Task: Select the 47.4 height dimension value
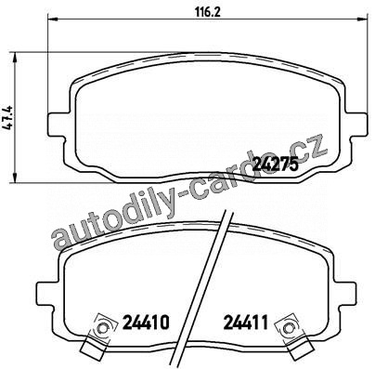pyautogui.click(x=8, y=117)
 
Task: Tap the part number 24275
pyautogui.click(x=276, y=164)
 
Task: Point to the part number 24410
pyautogui.click(x=146, y=323)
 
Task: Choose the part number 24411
pyautogui.click(x=245, y=323)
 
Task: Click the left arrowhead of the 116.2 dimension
pyautogui.click(x=53, y=20)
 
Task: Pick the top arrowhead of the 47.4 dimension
pyautogui.click(x=14, y=57)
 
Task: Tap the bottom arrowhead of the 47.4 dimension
pyautogui.click(x=14, y=178)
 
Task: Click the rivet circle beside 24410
pyautogui.click(x=102, y=328)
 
